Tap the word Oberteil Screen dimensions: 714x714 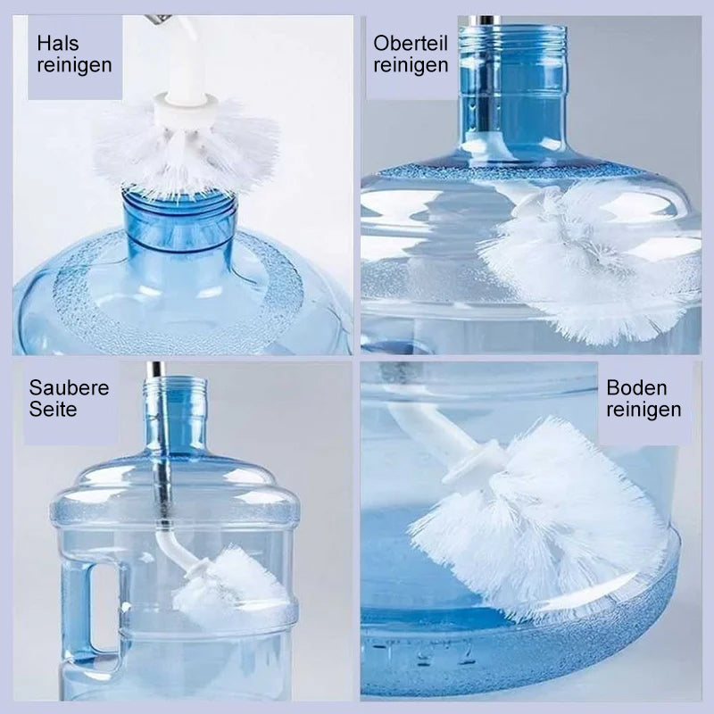(x=411, y=43)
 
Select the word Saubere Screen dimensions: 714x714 (x=70, y=388)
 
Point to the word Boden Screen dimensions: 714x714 (x=636, y=388)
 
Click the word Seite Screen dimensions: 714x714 (x=53, y=410)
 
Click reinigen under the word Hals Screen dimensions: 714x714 (x=74, y=65)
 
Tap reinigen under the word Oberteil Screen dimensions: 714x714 (x=411, y=65)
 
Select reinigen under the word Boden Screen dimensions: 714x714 (x=643, y=410)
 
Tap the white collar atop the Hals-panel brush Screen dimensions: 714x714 (x=182, y=107)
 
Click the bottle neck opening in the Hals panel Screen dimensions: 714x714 (x=181, y=200)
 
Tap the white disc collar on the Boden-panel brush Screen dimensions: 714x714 (x=474, y=461)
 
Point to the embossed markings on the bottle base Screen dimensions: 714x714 (x=423, y=652)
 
